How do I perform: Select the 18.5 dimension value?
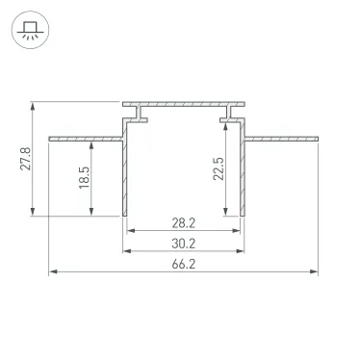(x=83, y=177)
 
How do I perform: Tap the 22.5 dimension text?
(x=218, y=168)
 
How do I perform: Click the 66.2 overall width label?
(x=183, y=265)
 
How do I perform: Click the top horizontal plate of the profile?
(x=183, y=102)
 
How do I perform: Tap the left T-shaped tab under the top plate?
(x=141, y=118)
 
